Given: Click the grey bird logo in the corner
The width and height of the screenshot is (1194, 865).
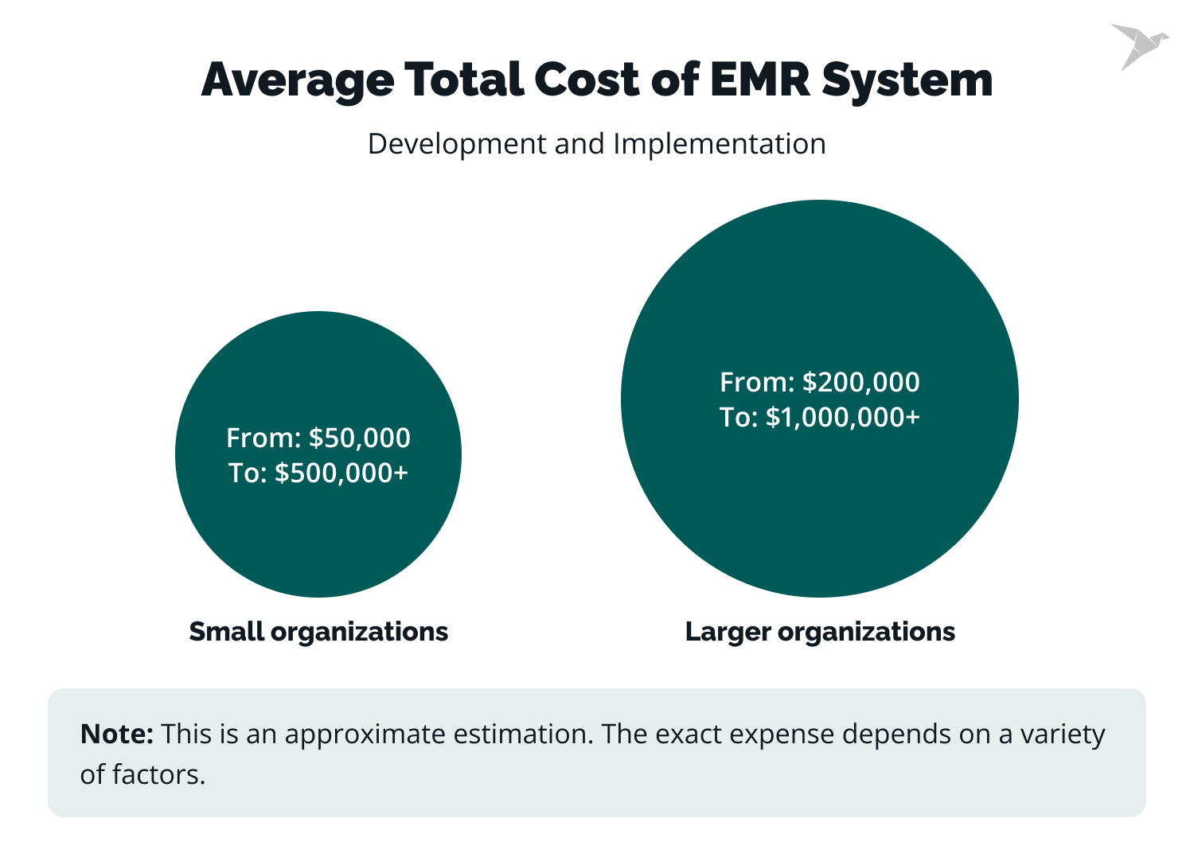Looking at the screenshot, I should pyautogui.click(x=1139, y=45).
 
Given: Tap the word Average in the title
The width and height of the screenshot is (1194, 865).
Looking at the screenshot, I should pyautogui.click(x=298, y=80).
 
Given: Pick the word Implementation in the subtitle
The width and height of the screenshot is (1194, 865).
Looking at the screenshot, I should pyautogui.click(x=719, y=144).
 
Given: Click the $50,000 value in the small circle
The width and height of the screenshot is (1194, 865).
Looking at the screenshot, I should pyautogui.click(x=360, y=438).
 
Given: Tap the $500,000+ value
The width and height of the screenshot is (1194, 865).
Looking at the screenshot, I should pyautogui.click(x=341, y=473).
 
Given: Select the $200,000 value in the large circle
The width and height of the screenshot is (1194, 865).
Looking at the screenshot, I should pyautogui.click(x=861, y=382).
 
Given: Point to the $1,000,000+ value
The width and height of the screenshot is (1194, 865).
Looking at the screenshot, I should pyautogui.click(x=843, y=417).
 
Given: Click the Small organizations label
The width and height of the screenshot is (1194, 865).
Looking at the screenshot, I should pyautogui.click(x=318, y=632).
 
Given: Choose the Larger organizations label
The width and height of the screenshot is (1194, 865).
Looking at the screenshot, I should pyautogui.click(x=820, y=632).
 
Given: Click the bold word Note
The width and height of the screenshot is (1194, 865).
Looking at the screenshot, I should pyautogui.click(x=116, y=734).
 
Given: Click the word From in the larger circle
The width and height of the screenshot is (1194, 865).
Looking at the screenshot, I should pyautogui.click(x=756, y=382).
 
